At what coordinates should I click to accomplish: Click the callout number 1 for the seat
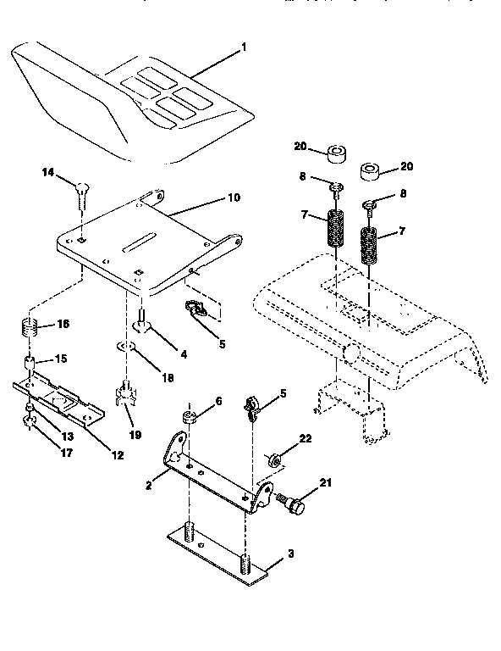[x=245, y=47]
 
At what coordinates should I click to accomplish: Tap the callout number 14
[x=48, y=173]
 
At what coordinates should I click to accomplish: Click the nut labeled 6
[x=189, y=418]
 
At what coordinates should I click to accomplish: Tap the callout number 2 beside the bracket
[x=148, y=487]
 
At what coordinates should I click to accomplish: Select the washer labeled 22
[x=276, y=460]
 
